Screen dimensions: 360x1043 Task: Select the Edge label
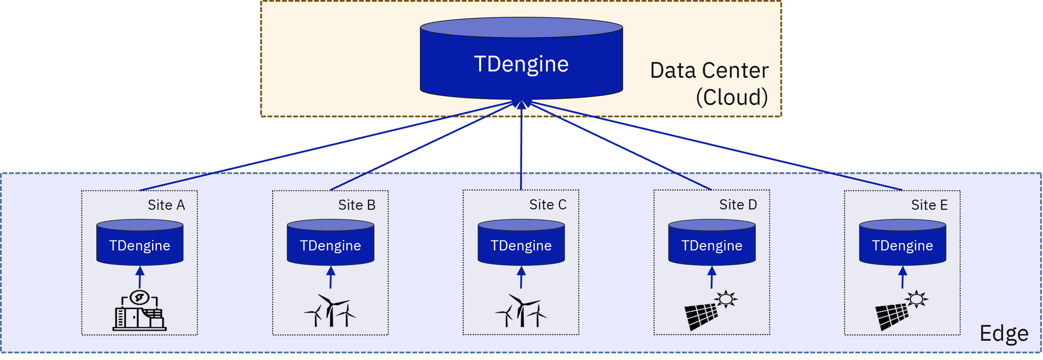pyautogui.click(x=1004, y=334)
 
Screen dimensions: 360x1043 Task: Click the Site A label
pyautogui.click(x=166, y=205)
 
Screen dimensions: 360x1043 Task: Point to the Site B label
pyautogui.click(x=356, y=205)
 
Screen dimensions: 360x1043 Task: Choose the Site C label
pyautogui.click(x=547, y=205)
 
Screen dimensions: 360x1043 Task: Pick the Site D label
pyautogui.click(x=738, y=205)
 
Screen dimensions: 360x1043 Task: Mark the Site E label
pyautogui.click(x=929, y=205)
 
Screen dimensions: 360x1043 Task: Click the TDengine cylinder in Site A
pyautogui.click(x=140, y=243)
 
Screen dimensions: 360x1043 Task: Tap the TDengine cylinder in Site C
pyautogui.click(x=521, y=243)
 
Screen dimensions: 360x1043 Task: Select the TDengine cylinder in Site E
pyautogui.click(x=902, y=243)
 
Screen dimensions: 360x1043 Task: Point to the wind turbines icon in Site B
pyautogui.click(x=330, y=310)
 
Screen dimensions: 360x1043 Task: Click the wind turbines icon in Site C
pyautogui.click(x=521, y=310)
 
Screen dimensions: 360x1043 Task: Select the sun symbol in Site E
pyautogui.click(x=917, y=299)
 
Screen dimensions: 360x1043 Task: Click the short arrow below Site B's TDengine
pyautogui.click(x=331, y=278)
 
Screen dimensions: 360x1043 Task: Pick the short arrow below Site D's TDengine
pyautogui.click(x=712, y=278)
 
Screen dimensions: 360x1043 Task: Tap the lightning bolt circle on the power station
pyautogui.click(x=140, y=297)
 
